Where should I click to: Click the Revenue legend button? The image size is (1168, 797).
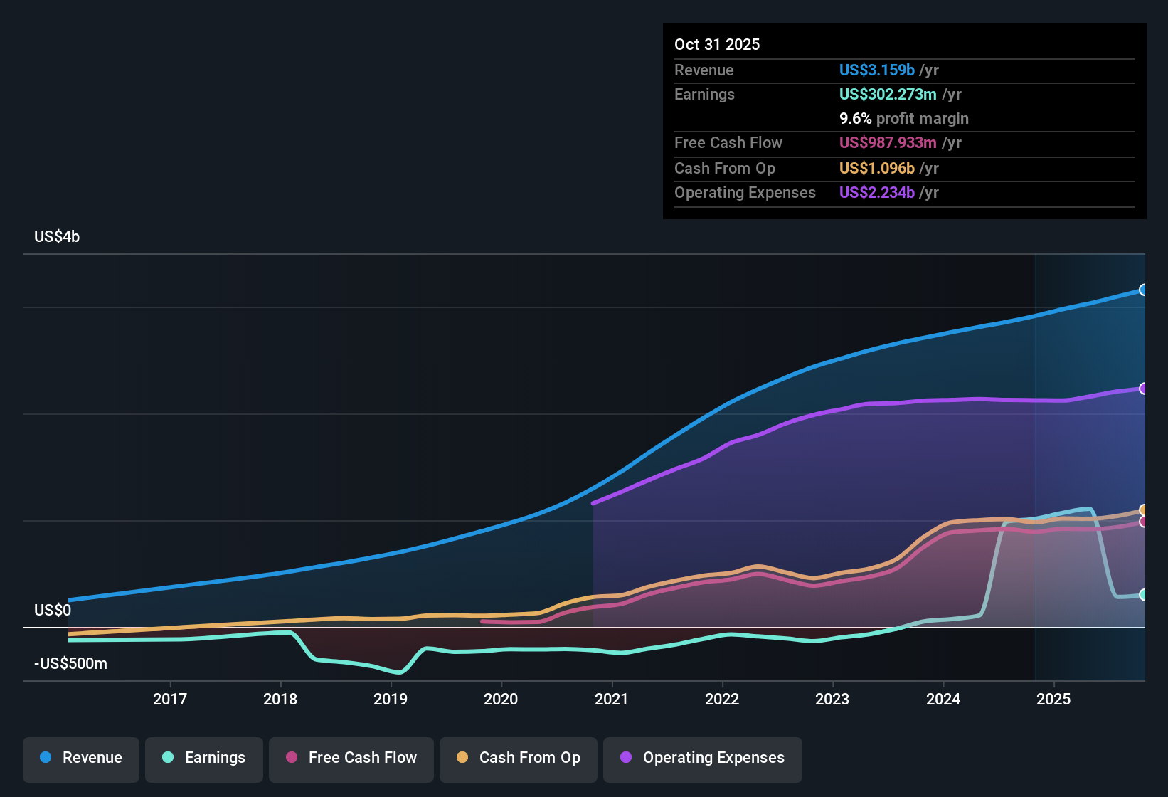81,758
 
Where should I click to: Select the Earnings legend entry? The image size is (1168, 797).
203,758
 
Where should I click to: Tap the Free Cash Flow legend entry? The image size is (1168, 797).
351,758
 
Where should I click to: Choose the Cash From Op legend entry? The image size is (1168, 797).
519,758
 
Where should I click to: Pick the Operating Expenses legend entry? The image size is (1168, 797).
703,758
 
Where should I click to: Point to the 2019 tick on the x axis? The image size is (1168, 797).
391,699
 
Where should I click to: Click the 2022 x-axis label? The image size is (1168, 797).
722,699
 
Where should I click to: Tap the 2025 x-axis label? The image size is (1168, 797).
1053,699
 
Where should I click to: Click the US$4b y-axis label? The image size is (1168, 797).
57,237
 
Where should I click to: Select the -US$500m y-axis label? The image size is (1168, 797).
70,664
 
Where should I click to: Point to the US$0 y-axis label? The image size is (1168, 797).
53,611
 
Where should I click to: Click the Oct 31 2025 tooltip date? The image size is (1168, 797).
717,44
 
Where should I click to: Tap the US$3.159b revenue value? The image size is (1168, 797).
876,70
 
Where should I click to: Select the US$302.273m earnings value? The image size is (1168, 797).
887,94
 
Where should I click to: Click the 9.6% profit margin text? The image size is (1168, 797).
903,118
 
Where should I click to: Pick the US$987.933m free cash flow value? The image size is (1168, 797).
887,142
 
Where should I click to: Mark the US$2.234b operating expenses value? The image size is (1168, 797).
876,192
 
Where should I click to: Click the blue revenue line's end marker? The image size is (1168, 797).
1143,290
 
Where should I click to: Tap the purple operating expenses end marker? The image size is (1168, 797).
1143,389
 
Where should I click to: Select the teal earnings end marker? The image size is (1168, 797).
1143,595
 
